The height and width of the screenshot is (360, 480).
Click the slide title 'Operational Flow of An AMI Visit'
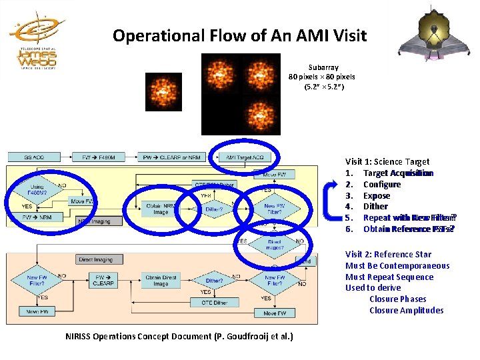(x=239, y=35)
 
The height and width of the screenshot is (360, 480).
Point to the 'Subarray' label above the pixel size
(x=323, y=67)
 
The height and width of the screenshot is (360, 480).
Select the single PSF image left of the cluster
(x=163, y=91)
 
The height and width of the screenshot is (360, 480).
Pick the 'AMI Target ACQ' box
(x=245, y=157)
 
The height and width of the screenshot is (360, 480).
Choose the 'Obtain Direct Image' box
(x=161, y=280)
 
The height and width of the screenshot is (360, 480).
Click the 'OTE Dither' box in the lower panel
(x=215, y=302)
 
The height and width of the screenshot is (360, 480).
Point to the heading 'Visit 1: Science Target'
(x=387, y=161)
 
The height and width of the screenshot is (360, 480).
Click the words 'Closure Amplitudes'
(x=406, y=310)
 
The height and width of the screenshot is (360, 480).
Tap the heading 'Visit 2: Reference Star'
(x=388, y=254)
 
